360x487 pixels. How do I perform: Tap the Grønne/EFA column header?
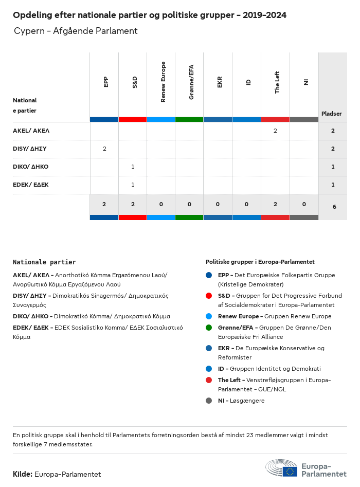click(x=191, y=82)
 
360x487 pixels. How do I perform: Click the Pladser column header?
click(x=332, y=114)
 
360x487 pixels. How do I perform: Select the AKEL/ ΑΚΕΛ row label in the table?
click(x=31, y=131)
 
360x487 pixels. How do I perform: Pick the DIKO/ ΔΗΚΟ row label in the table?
click(x=31, y=167)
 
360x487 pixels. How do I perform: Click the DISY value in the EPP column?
click(x=104, y=149)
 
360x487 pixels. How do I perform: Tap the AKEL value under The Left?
click(x=275, y=131)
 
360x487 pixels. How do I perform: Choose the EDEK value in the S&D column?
click(x=133, y=185)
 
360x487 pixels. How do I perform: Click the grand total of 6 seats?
click(x=334, y=207)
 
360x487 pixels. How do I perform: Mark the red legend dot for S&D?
click(x=208, y=296)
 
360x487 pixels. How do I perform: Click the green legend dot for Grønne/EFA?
click(x=208, y=328)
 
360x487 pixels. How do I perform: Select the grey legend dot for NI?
click(x=208, y=401)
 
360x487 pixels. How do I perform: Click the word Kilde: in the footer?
click(x=23, y=474)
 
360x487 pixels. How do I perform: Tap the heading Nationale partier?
click(x=44, y=262)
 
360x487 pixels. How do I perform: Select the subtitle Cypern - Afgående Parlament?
click(x=76, y=31)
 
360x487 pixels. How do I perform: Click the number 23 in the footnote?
click(x=251, y=435)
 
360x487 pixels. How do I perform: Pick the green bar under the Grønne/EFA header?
click(x=189, y=119)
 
